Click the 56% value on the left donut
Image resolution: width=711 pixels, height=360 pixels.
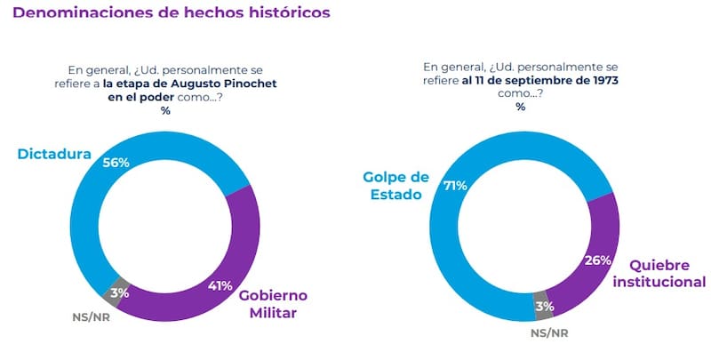[x=116, y=164]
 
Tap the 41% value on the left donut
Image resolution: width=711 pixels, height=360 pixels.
[x=219, y=285]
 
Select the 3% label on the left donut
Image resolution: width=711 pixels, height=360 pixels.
[x=121, y=292]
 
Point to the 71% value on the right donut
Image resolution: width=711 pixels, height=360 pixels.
[x=456, y=185]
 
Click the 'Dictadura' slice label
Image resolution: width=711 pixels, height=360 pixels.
[x=54, y=154]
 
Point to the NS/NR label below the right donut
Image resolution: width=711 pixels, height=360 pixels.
[x=548, y=335]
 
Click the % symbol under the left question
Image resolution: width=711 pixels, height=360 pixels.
[x=164, y=111]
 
